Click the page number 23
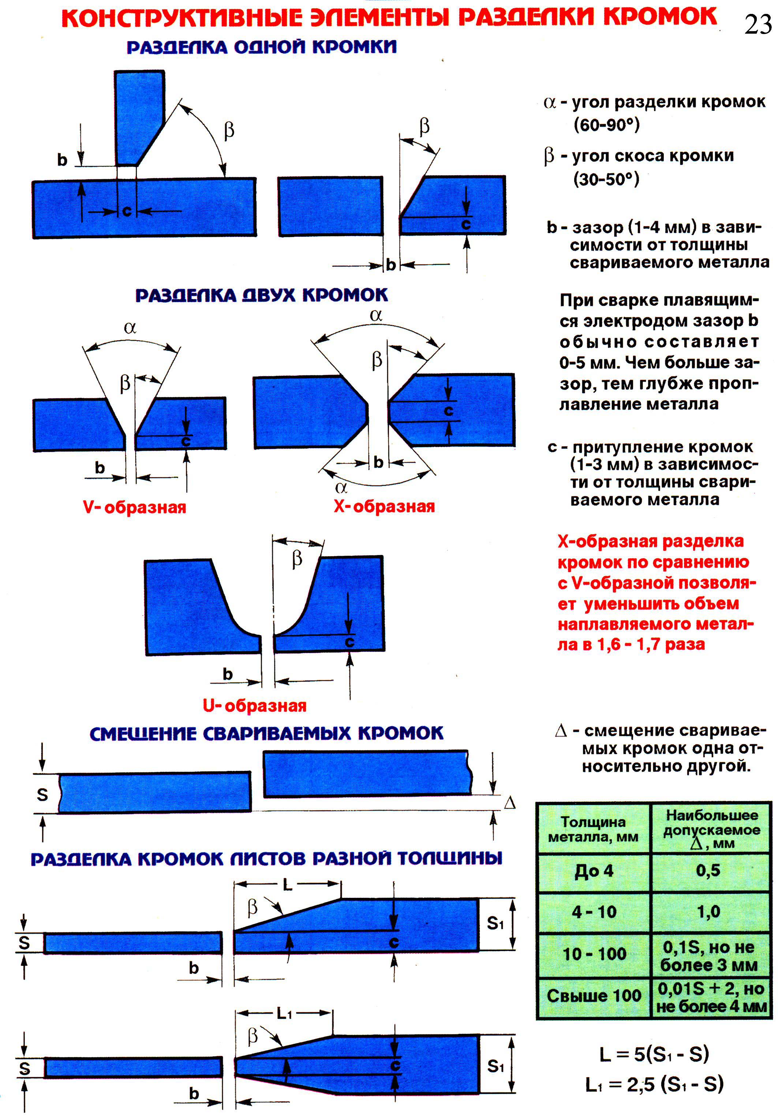coord(758,24)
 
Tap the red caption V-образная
coord(134,507)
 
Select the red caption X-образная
coord(384,506)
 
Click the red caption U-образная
coord(254,706)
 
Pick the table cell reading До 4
coord(594,871)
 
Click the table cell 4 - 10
coord(594,912)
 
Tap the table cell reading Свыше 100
coord(594,996)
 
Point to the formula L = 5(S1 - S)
coord(654,1053)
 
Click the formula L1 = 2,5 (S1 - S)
coord(654,1084)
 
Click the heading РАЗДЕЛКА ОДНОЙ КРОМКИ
coord(262,47)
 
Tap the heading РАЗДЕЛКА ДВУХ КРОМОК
coord(261,295)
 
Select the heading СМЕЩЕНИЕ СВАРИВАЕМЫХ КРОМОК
coord(266,734)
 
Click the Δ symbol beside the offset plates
coord(509,803)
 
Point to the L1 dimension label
coord(284,1013)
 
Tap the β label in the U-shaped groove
coord(297,559)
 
